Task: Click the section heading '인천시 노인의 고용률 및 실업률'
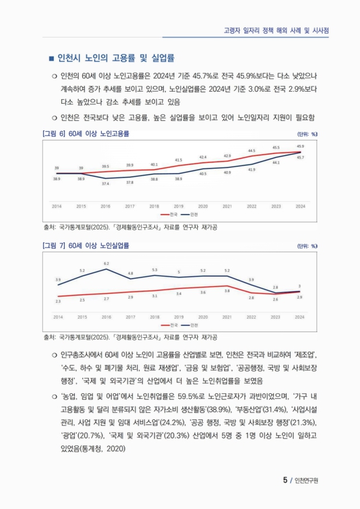click(x=116, y=59)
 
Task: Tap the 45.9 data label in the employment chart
click(x=300, y=146)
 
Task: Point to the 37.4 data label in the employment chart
click(x=106, y=183)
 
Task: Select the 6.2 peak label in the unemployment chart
click(x=106, y=263)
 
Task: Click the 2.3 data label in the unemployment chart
click(x=58, y=301)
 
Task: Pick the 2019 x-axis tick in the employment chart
click(x=179, y=207)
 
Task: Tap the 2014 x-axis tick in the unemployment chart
click(x=57, y=316)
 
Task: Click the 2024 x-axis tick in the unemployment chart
click(x=300, y=316)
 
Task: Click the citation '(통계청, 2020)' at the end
click(x=102, y=449)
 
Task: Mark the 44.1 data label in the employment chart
click(x=276, y=163)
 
